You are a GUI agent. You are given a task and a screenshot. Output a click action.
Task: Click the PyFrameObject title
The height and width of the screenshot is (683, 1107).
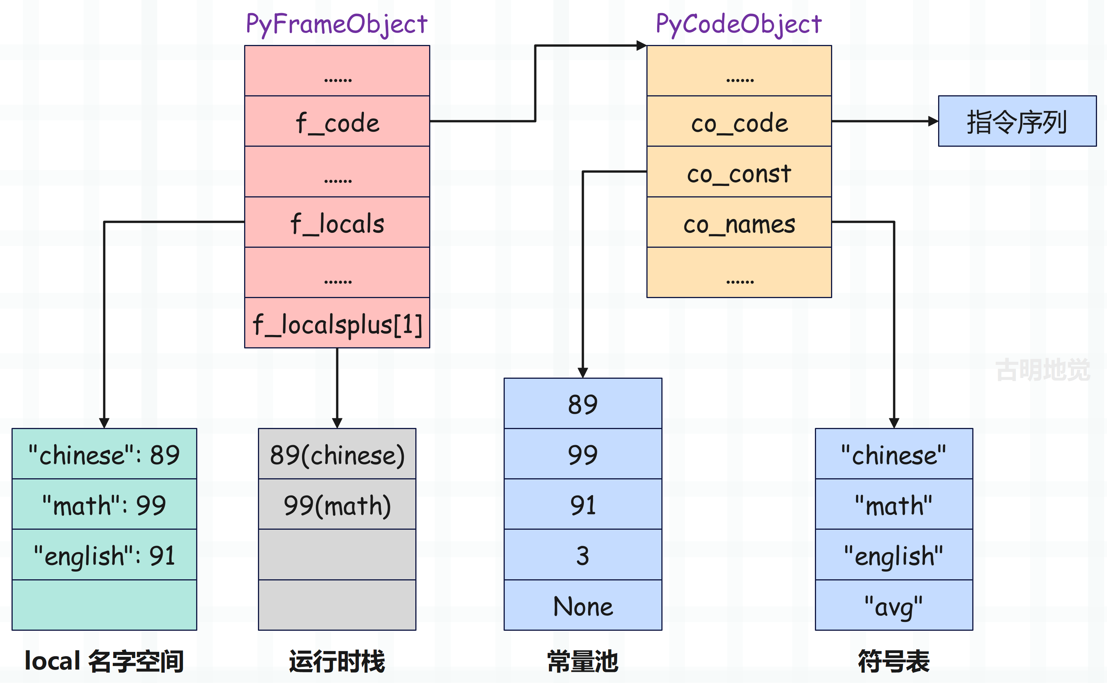point(337,24)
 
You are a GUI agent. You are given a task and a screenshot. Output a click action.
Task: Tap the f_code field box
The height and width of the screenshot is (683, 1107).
point(337,121)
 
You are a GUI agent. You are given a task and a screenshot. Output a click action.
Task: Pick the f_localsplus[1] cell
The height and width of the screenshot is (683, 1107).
point(337,323)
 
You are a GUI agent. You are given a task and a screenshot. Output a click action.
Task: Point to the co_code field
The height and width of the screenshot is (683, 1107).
point(739,121)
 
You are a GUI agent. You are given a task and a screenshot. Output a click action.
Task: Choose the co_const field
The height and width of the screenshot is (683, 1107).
point(739,172)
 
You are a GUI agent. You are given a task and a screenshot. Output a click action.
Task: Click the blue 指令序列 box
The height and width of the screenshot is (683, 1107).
point(1017,121)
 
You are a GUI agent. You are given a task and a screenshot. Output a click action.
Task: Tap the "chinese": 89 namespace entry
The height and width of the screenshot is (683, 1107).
point(104,454)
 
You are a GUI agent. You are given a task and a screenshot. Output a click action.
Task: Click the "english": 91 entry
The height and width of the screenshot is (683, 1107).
point(104,555)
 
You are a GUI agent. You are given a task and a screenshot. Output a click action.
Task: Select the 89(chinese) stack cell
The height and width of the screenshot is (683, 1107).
point(337,454)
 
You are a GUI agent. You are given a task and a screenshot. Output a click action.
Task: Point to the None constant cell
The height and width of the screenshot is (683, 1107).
point(583,605)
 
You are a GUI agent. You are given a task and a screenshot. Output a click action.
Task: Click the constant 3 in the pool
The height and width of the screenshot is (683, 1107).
point(583,555)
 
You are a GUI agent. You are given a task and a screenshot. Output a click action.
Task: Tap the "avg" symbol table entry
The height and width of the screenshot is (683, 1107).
point(894,605)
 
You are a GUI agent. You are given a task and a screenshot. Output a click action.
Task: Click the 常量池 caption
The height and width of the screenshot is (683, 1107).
point(583,661)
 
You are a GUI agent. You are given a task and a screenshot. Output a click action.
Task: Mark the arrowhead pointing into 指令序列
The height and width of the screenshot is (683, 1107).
point(933,121)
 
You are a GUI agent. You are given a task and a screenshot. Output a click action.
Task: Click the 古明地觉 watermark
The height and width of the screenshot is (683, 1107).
point(1043,370)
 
